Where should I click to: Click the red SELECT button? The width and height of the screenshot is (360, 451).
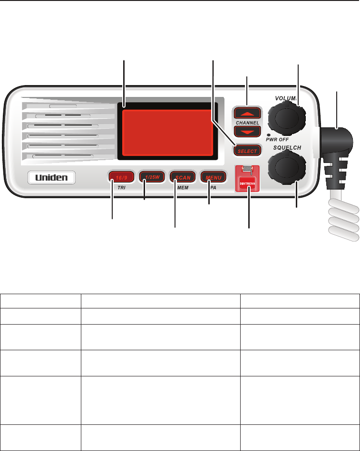[x=247, y=151]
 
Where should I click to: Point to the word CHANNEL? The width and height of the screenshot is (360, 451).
[x=247, y=123]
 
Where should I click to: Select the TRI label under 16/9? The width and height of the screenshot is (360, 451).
[x=120, y=188]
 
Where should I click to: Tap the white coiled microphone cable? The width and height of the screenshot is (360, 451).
[x=342, y=221]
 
